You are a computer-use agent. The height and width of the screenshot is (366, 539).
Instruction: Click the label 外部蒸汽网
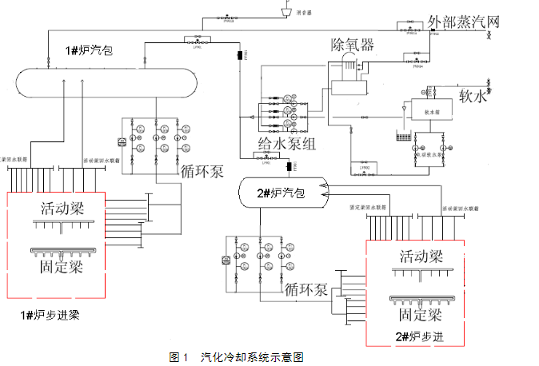(x=464, y=22)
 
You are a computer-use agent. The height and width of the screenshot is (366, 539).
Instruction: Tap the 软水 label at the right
(x=473, y=96)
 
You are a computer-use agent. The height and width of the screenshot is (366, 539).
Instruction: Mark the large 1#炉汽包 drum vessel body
(x=108, y=82)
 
